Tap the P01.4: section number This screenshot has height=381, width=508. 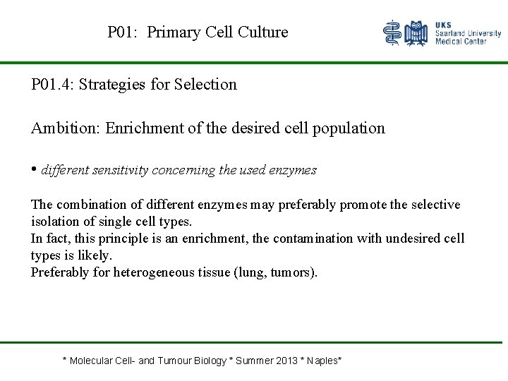[53, 85]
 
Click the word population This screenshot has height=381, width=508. [349, 128]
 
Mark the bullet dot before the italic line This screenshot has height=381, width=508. [34, 169]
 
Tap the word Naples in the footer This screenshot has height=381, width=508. [323, 361]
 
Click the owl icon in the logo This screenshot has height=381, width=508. [417, 33]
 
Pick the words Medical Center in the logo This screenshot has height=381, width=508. [460, 42]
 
